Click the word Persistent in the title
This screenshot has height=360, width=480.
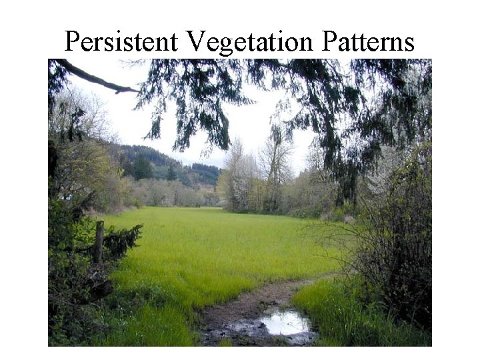pos(121,41)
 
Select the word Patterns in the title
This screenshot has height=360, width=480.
pos(368,41)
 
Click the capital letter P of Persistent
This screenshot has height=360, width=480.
pos(72,41)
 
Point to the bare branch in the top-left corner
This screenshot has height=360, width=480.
pos(93,76)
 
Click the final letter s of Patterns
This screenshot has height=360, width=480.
pos(408,43)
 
